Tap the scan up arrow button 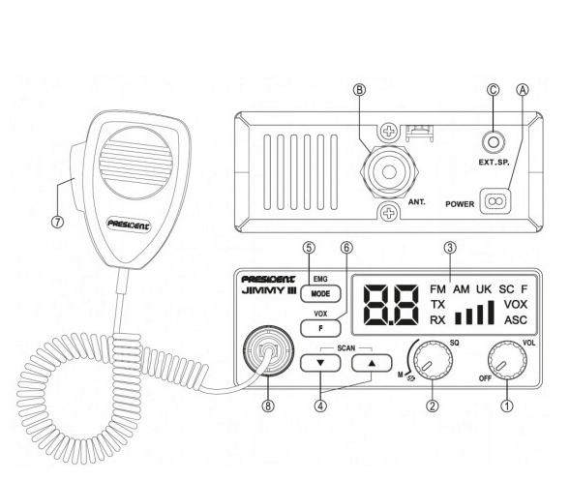(369, 364)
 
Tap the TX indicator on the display (438, 304)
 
